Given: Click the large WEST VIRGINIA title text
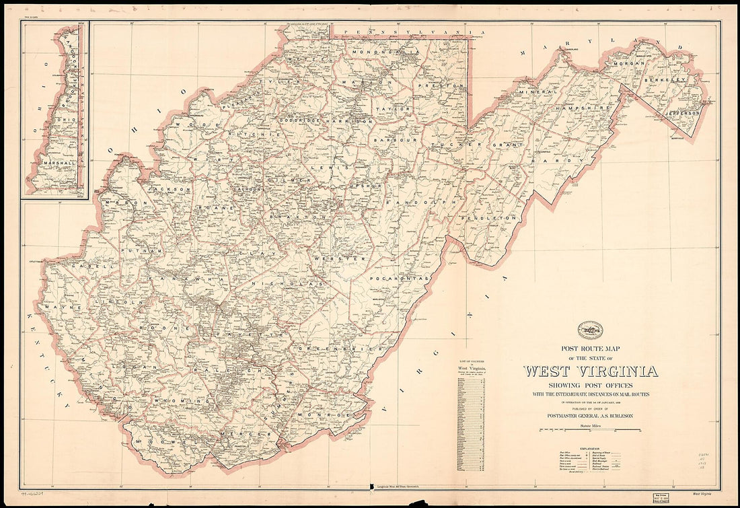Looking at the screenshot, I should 591,371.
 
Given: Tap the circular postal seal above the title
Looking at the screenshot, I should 590,330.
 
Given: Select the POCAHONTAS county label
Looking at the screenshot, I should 399,277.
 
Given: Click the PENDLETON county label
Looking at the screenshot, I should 498,218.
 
